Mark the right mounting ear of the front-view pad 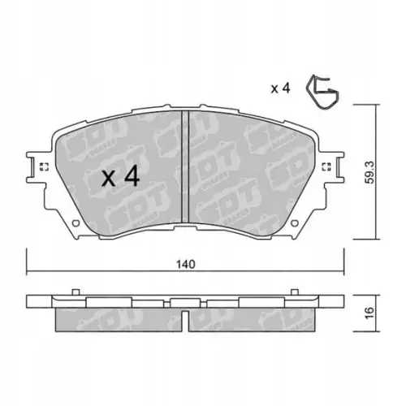pyautogui.click(x=335, y=168)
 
